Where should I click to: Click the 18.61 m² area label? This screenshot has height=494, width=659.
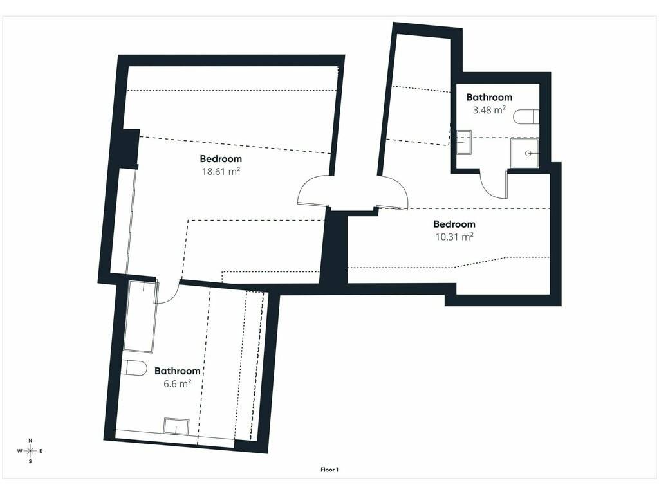pos(221,171)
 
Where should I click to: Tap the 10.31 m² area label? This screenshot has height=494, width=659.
pos(454,237)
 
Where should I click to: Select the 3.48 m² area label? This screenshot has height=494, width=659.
pos(489,110)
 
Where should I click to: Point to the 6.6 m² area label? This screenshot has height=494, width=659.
pos(178,383)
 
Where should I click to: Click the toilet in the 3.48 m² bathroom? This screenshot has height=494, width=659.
pos(526,117)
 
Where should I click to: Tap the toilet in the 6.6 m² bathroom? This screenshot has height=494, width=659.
pos(134,367)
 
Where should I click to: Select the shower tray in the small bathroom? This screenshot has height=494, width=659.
pos(524,153)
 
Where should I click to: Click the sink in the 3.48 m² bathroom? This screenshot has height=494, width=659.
pos(464,142)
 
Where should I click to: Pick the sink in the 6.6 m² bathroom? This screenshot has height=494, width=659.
pos(176,426)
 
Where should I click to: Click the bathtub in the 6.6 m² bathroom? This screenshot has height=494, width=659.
pos(141,316)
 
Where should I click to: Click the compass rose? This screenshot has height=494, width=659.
pos(30,451)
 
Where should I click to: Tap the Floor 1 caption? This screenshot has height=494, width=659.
pos(329,470)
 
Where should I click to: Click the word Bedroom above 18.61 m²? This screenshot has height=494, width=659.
pos(221,158)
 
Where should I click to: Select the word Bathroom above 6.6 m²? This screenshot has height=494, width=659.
pos(178,371)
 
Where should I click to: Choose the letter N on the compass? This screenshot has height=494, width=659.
pos(30,440)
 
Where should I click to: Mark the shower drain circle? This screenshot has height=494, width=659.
pos(528,153)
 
